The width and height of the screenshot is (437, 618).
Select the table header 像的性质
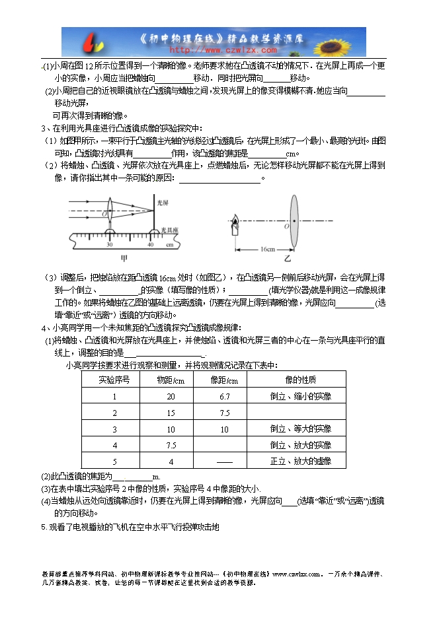click(300, 380)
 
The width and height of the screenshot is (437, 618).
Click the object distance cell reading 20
click(171, 396)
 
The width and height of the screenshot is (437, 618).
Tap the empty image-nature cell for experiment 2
click(300, 413)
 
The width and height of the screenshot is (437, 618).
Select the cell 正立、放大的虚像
click(300, 461)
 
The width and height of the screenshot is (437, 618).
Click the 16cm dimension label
click(267, 250)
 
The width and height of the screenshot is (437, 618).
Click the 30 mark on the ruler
click(109, 245)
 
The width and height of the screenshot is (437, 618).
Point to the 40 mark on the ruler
click(151, 245)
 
